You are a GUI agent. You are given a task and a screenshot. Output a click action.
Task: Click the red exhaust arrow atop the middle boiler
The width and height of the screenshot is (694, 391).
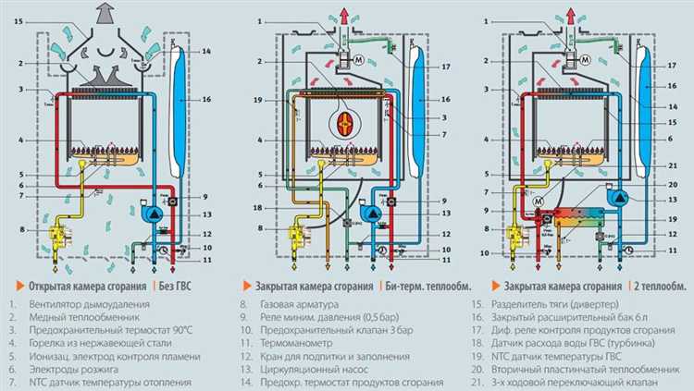[x=349, y=13]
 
